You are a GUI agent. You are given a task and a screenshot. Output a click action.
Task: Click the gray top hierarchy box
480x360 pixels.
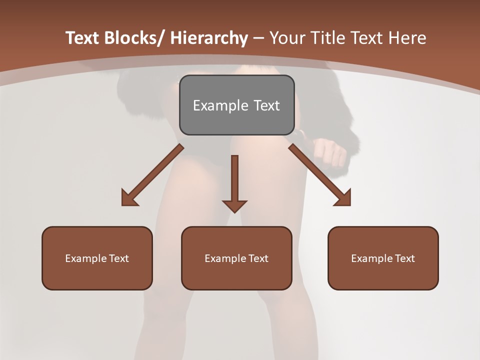click(236, 105)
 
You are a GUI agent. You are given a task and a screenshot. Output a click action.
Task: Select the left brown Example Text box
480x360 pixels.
click(97, 258)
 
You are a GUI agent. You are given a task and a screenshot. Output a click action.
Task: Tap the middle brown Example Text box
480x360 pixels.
click(236, 258)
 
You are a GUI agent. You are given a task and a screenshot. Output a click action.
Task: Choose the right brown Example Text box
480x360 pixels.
click(383, 258)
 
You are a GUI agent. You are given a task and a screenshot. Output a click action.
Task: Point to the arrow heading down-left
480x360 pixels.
click(152, 175)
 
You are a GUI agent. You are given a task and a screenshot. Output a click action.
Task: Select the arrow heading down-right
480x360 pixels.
click(320, 175)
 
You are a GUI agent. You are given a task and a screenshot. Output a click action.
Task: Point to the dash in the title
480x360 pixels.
click(258, 38)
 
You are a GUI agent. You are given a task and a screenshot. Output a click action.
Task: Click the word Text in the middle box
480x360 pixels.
click(258, 258)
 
